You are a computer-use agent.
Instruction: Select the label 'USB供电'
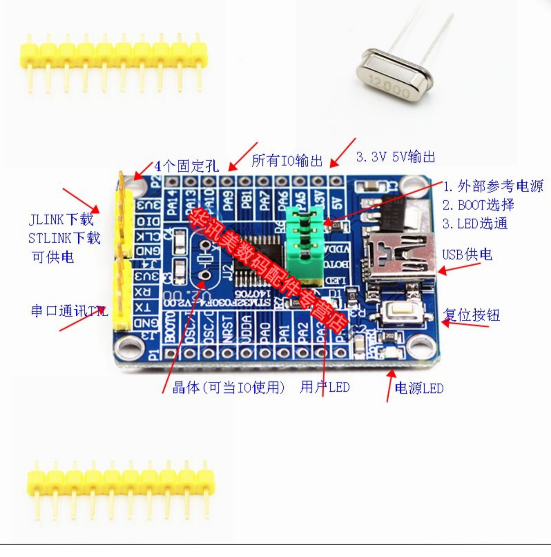pyautogui.click(x=467, y=254)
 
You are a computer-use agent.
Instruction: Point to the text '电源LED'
pyautogui.click(x=419, y=388)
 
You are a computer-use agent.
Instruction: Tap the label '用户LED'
pyautogui.click(x=325, y=387)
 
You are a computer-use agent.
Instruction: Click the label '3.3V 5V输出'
pyautogui.click(x=395, y=157)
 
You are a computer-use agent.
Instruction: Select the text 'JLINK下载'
pyautogui.click(x=61, y=219)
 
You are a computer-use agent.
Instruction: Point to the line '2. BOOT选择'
pyautogui.click(x=478, y=205)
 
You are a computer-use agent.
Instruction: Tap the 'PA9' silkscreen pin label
pyautogui.click(x=228, y=200)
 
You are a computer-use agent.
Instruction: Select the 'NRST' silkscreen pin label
pyautogui.click(x=227, y=329)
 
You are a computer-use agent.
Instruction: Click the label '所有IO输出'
pyautogui.click(x=287, y=161)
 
